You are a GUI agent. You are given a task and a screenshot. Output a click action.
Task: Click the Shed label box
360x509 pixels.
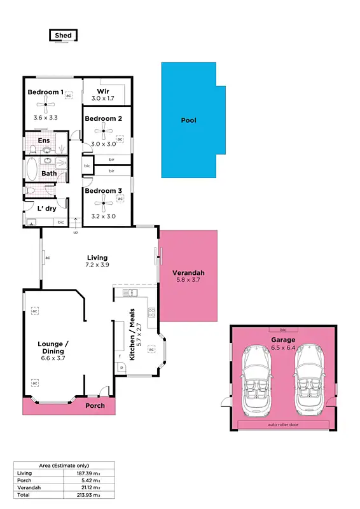coord(64,36)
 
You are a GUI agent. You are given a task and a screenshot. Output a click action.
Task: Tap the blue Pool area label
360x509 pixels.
coord(189,120)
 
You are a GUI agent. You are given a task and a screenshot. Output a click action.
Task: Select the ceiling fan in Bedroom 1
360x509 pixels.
coord(46,106)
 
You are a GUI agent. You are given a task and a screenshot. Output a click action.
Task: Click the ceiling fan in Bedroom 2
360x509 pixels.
coord(104,132)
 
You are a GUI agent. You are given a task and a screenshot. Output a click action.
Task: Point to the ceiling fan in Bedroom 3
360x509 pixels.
coord(104,203)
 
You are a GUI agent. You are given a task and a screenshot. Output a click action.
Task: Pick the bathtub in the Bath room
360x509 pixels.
coord(32,171)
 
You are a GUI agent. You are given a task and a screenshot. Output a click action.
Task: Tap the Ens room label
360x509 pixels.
coord(44,141)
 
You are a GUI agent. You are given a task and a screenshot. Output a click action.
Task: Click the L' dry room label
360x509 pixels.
coord(47,209)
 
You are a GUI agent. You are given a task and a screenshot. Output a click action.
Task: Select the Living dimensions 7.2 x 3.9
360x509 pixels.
coord(97,265)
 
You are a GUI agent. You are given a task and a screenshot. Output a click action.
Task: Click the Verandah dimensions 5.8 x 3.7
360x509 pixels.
coord(188,280)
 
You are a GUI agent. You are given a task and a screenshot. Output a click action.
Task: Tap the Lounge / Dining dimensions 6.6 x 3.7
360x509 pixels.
coord(53,358)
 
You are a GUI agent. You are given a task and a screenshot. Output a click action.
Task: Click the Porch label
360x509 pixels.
coord(95,406)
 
